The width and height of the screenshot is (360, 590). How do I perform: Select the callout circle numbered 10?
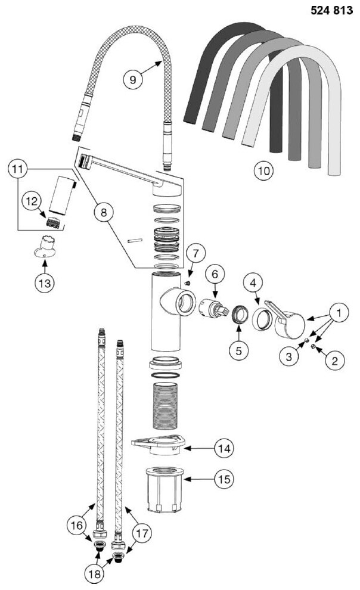[263, 170]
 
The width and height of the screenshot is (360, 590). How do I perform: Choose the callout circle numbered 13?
[44, 282]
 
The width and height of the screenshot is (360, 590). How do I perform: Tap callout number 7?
[195, 253]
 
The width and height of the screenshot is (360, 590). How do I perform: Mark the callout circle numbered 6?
[215, 275]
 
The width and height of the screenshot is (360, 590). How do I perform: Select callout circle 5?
[239, 350]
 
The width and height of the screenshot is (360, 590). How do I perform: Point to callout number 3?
[289, 357]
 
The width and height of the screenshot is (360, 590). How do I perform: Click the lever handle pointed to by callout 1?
[291, 325]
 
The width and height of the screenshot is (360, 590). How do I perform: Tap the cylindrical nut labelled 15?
[165, 488]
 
